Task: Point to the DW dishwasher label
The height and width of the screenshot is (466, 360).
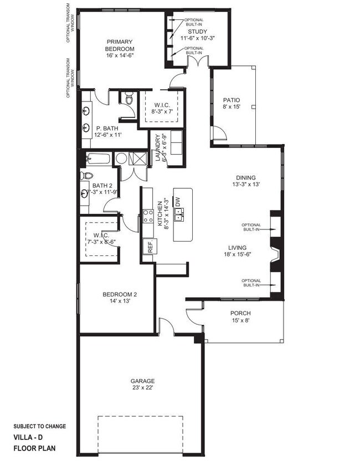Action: pyautogui.click(x=178, y=203)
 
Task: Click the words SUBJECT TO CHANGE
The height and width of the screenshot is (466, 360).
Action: pyautogui.click(x=40, y=426)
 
